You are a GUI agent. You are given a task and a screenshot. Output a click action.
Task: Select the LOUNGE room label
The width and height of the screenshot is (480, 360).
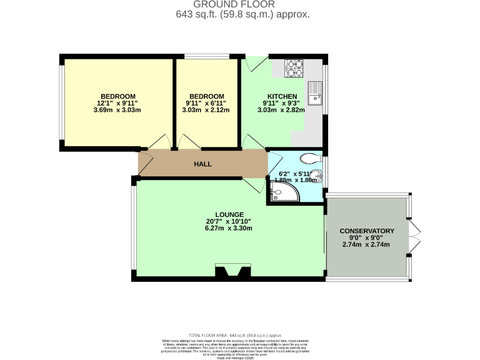click(x=228, y=214)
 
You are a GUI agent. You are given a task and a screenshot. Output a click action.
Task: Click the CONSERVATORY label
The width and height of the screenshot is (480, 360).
click(x=367, y=231)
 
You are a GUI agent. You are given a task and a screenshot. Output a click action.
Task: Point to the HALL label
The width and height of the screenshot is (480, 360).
click(x=202, y=164)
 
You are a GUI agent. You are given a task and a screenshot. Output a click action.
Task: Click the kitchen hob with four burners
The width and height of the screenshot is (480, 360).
click(x=294, y=68)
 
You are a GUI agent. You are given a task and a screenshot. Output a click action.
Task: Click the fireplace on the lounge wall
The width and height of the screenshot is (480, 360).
click(x=228, y=271)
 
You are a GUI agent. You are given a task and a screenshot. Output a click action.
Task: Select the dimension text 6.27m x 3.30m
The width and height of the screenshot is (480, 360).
click(x=228, y=228)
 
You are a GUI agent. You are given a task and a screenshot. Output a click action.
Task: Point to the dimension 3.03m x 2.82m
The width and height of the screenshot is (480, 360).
click(x=281, y=110)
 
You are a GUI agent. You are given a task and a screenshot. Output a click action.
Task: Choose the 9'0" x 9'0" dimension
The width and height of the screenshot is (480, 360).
click(x=366, y=237)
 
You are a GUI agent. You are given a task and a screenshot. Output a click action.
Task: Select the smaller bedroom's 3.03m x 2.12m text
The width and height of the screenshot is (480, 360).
click(x=206, y=110)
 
